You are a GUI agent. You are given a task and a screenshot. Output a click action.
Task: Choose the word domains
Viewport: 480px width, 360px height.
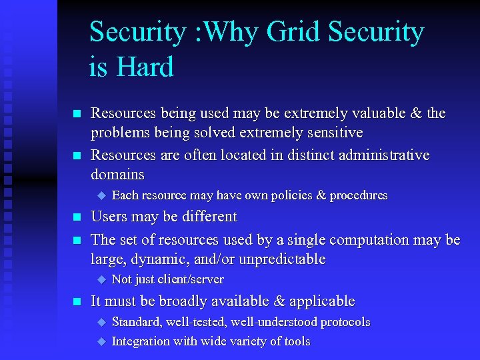tap(118, 175)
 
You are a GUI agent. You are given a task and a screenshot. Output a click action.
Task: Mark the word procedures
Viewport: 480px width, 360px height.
tap(353, 195)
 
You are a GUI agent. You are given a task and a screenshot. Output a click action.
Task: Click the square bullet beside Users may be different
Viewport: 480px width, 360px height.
tap(77, 217)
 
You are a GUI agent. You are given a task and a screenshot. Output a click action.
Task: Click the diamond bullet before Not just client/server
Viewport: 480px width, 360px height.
tap(101, 279)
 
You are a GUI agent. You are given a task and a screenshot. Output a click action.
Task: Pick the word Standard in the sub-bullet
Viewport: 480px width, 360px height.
tap(137, 322)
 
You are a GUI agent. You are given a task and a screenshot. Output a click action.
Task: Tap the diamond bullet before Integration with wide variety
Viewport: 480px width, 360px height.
tap(101, 341)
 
